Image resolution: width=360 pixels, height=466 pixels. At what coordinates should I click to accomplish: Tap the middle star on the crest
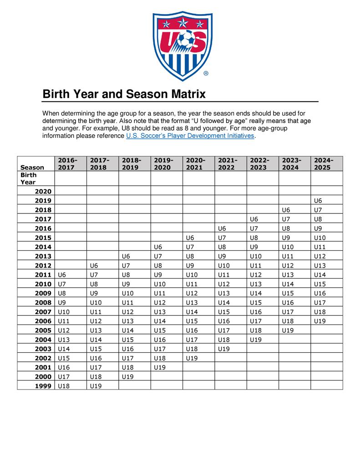click(183, 21)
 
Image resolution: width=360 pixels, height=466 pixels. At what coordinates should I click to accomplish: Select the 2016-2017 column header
click(68, 164)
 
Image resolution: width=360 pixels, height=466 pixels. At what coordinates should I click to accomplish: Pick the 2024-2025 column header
click(324, 164)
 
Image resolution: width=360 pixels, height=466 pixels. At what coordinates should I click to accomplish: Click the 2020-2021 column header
click(196, 164)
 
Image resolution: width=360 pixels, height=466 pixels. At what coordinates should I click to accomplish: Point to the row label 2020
click(44, 192)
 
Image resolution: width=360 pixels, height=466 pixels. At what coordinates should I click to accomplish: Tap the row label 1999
click(44, 385)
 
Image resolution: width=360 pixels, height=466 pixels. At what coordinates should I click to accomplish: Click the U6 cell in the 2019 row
click(318, 200)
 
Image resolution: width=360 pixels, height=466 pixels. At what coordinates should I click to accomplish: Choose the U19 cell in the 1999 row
click(96, 385)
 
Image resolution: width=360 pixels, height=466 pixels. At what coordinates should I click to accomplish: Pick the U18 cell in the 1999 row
click(64, 385)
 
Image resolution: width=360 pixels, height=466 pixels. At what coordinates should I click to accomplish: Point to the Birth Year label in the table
click(28, 178)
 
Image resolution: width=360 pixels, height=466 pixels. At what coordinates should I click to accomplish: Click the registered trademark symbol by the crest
click(206, 73)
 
